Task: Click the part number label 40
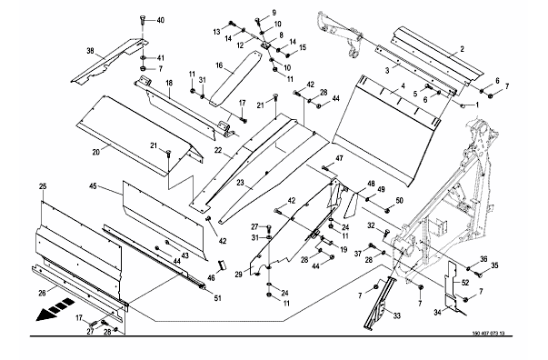coord(160,21)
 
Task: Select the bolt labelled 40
coord(142,20)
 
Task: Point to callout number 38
coord(91,51)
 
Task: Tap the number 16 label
coord(219,65)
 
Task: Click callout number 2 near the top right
coord(462,49)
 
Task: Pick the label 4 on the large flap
coord(403,85)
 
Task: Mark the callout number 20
coord(96,152)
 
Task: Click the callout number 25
coord(43,186)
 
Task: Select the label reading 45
coord(93,186)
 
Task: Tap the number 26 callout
coord(42,293)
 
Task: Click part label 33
coord(396,316)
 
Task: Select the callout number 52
coord(465,283)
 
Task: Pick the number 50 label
coord(399,201)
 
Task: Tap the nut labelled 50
coord(387,210)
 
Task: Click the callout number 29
coord(238,275)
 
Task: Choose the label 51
coord(217,298)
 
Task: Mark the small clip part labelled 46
coord(222,265)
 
